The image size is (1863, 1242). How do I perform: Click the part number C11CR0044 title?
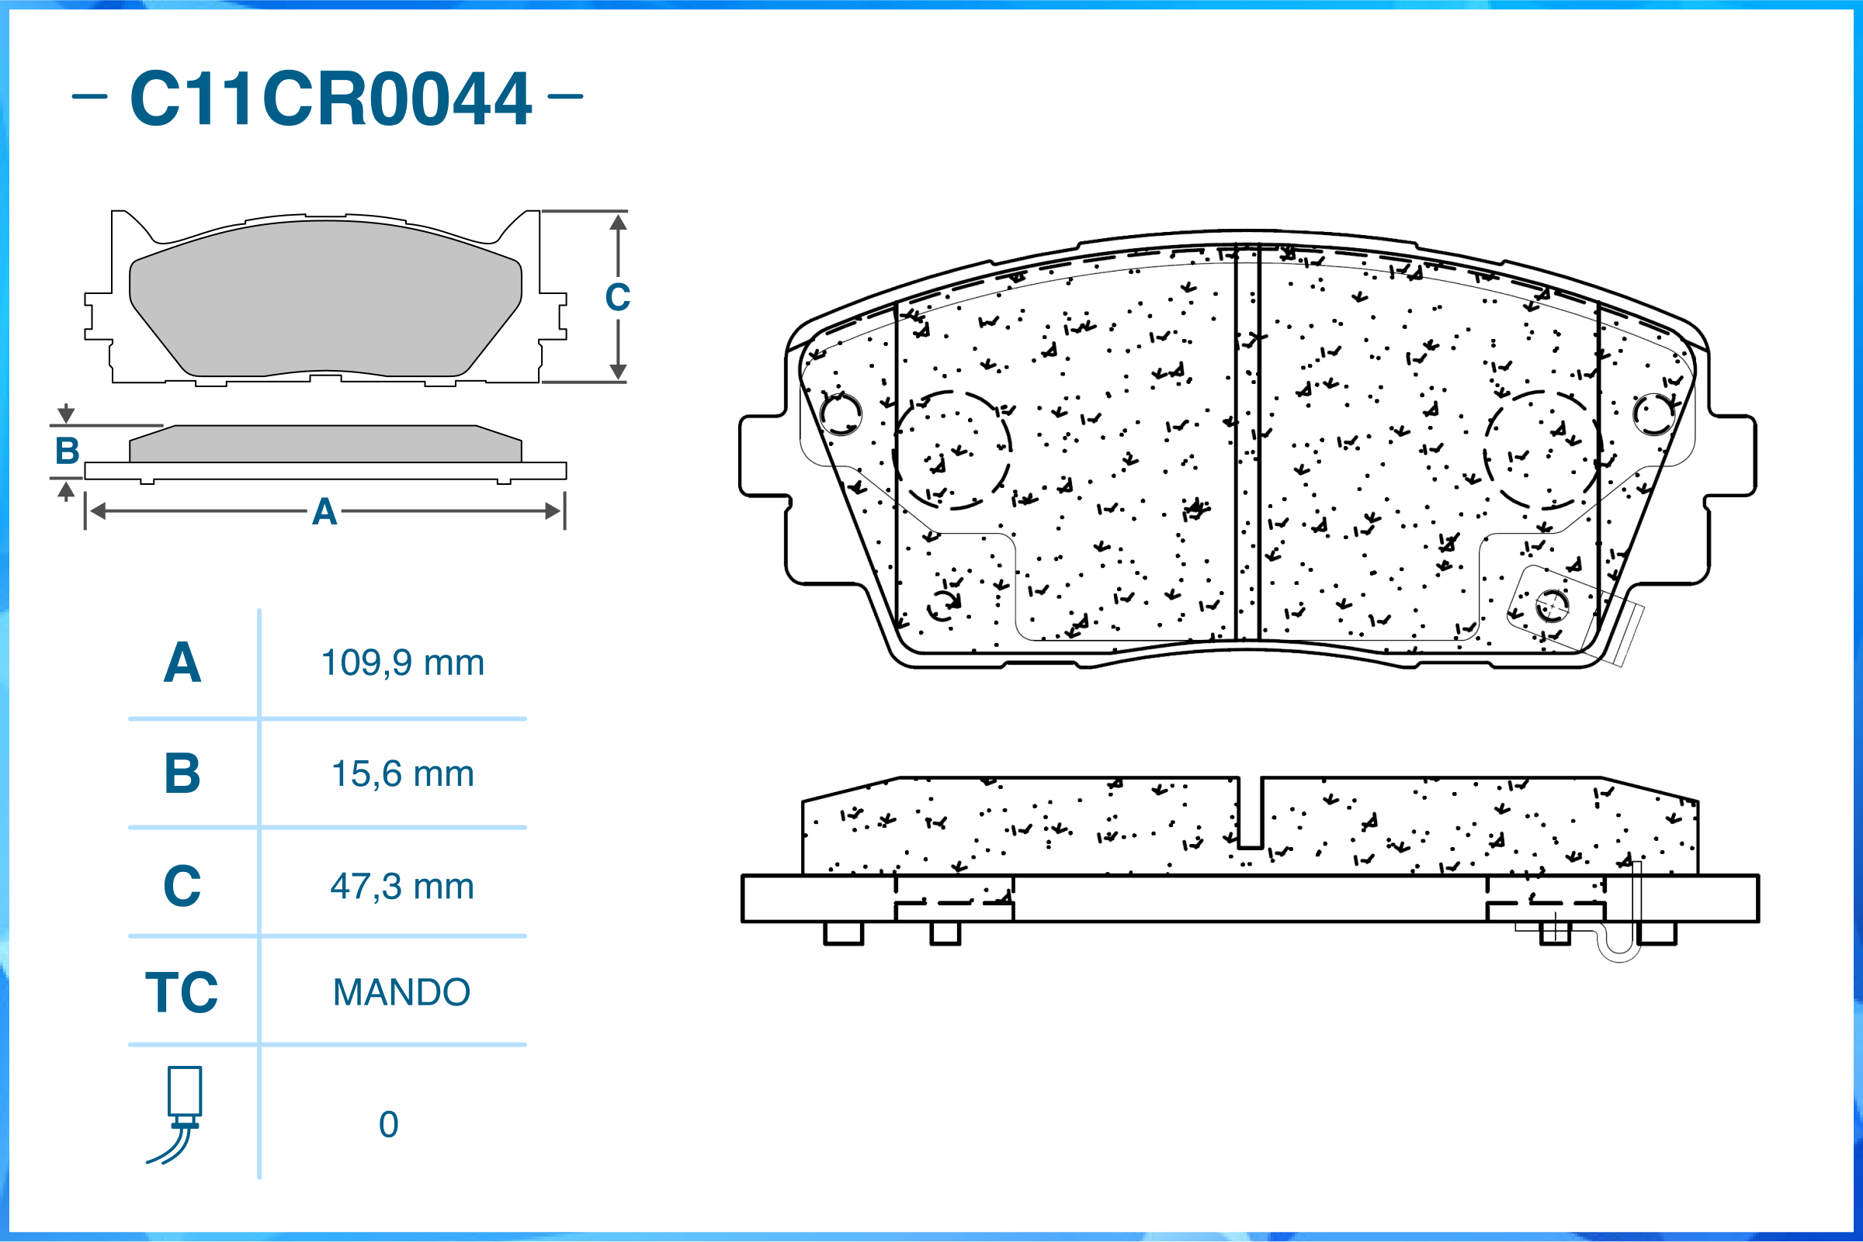[330, 99]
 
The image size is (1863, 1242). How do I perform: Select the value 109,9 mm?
[402, 663]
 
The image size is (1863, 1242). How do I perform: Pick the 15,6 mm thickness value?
[402, 774]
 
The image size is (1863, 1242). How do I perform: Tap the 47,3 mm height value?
[402, 887]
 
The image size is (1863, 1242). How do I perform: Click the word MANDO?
[401, 992]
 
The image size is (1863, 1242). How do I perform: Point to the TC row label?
[182, 991]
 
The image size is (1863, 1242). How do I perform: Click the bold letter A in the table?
[182, 663]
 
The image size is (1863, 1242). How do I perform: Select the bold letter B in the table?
[182, 773]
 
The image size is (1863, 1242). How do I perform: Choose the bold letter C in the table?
[182, 886]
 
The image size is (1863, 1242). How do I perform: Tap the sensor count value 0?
[388, 1125]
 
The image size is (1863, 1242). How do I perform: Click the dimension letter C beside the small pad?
[617, 298]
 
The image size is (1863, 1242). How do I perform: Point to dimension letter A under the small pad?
[324, 512]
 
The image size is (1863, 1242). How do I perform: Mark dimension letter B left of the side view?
[68, 451]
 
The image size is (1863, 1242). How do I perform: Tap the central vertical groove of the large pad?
[1248, 444]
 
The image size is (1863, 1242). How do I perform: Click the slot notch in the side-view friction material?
[1250, 813]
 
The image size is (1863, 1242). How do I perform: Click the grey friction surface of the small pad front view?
[325, 298]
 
